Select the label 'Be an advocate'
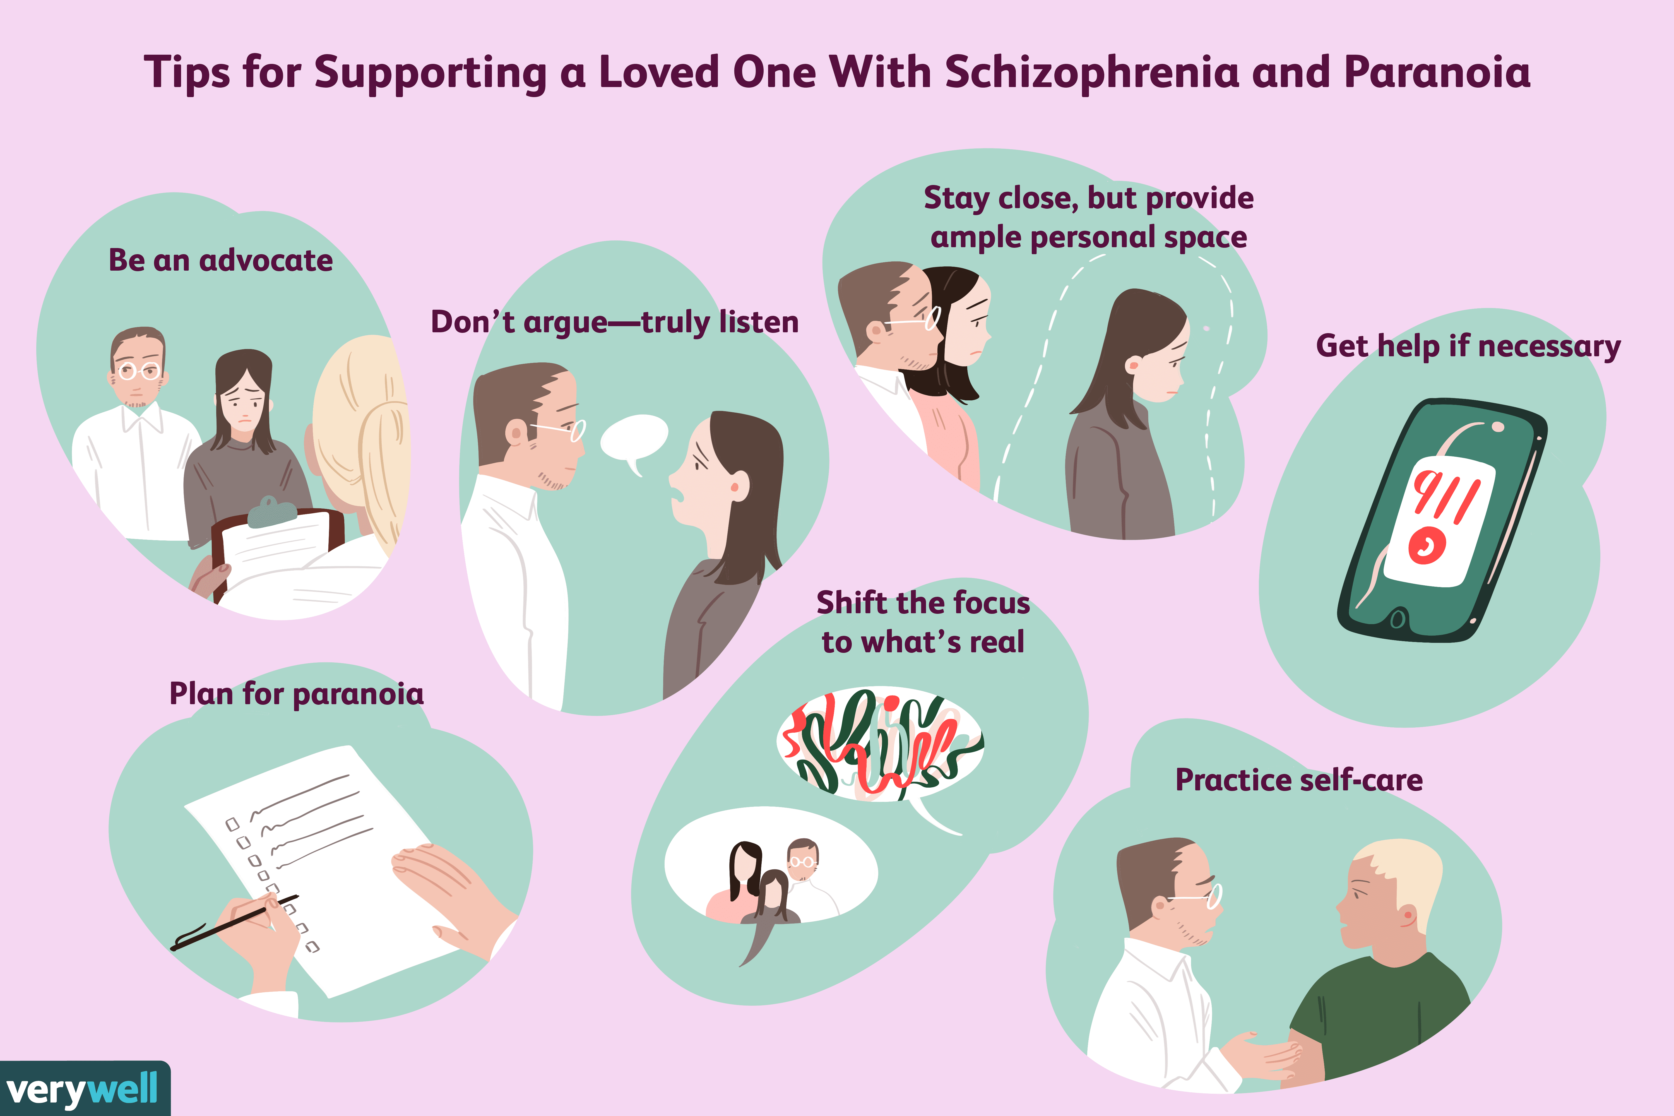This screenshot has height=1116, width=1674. tap(221, 261)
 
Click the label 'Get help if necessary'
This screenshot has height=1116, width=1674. tap(1468, 347)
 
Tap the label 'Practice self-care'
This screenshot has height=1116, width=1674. tap(1299, 780)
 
